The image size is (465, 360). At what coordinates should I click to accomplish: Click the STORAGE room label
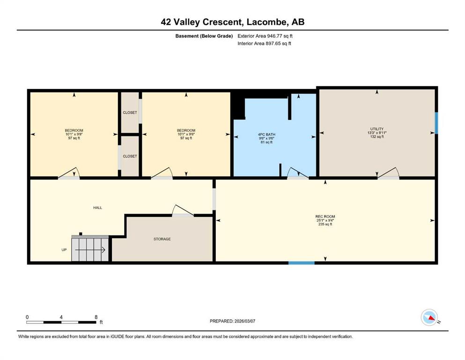(162, 239)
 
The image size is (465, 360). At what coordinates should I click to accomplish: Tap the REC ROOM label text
(325, 217)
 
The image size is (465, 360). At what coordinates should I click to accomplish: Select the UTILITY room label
(377, 129)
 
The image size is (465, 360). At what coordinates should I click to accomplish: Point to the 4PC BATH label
(266, 135)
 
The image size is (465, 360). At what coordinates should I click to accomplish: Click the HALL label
(97, 208)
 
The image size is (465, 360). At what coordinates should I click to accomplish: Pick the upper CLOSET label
(130, 112)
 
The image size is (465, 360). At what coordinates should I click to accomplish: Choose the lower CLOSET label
(130, 156)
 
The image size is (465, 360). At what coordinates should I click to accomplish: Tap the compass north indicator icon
(429, 317)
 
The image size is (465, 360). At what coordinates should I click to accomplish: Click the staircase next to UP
(90, 249)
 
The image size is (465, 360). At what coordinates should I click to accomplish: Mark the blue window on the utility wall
(436, 123)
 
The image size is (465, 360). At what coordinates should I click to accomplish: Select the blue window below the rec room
(301, 263)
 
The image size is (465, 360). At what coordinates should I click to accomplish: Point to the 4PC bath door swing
(298, 173)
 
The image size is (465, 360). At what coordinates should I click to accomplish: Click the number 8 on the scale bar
(96, 317)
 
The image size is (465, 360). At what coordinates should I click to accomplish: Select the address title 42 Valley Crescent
(200, 22)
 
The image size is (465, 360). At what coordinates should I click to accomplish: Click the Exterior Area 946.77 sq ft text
(265, 36)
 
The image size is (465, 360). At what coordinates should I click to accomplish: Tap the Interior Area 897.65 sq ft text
(264, 43)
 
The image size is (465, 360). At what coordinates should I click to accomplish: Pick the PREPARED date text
(232, 321)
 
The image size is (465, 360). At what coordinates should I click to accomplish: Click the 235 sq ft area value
(325, 225)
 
